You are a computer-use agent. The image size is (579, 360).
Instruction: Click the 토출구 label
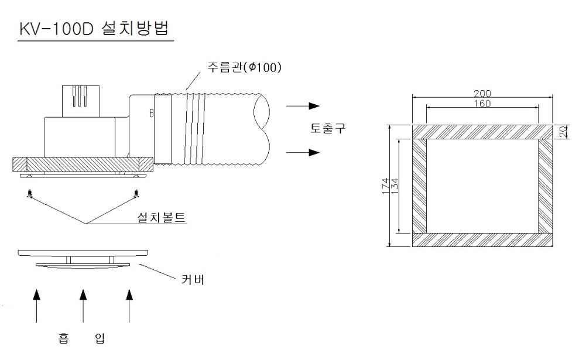point(328,128)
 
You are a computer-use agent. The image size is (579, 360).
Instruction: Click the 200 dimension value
point(482,94)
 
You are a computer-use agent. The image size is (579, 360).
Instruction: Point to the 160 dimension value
point(482,104)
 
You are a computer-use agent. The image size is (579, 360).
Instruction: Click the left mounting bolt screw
point(29,193)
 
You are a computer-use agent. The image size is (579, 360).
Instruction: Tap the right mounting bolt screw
point(136,193)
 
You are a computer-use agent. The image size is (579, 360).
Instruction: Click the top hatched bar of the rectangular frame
point(482,132)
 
